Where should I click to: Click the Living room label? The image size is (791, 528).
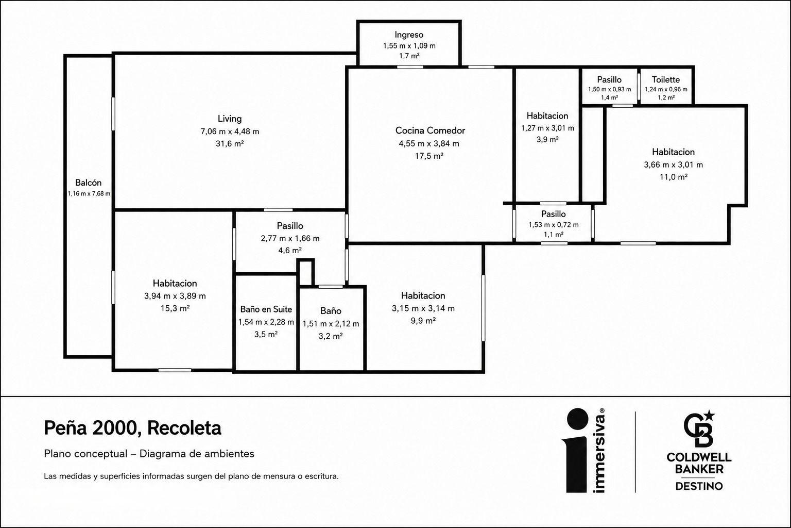pos(230,119)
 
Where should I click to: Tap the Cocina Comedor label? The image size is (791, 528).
pos(430,130)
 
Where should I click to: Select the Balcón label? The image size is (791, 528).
pos(88,183)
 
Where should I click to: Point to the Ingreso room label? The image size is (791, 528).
pos(409,35)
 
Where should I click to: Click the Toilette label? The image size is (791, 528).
pos(666,79)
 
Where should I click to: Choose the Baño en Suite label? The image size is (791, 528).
pos(266,309)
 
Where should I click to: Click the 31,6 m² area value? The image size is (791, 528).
pos(230,143)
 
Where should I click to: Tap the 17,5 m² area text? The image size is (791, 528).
pos(429,156)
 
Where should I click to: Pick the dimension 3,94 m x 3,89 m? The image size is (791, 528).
pos(175,296)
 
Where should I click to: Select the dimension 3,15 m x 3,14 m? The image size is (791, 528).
pos(423,308)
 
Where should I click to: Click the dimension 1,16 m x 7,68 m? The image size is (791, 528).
pos(89,194)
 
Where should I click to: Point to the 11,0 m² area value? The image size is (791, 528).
pos(674,177)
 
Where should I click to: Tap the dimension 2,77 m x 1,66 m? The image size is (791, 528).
pos(290,238)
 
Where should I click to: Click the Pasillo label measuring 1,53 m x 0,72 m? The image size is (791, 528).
pos(554,214)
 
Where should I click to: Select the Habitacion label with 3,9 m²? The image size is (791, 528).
pos(547,115)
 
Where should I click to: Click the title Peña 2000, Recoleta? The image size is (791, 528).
pos(132,428)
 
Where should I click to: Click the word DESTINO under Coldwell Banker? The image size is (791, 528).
pos(699,486)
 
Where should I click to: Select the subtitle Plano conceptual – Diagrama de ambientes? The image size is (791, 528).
pos(149,454)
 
